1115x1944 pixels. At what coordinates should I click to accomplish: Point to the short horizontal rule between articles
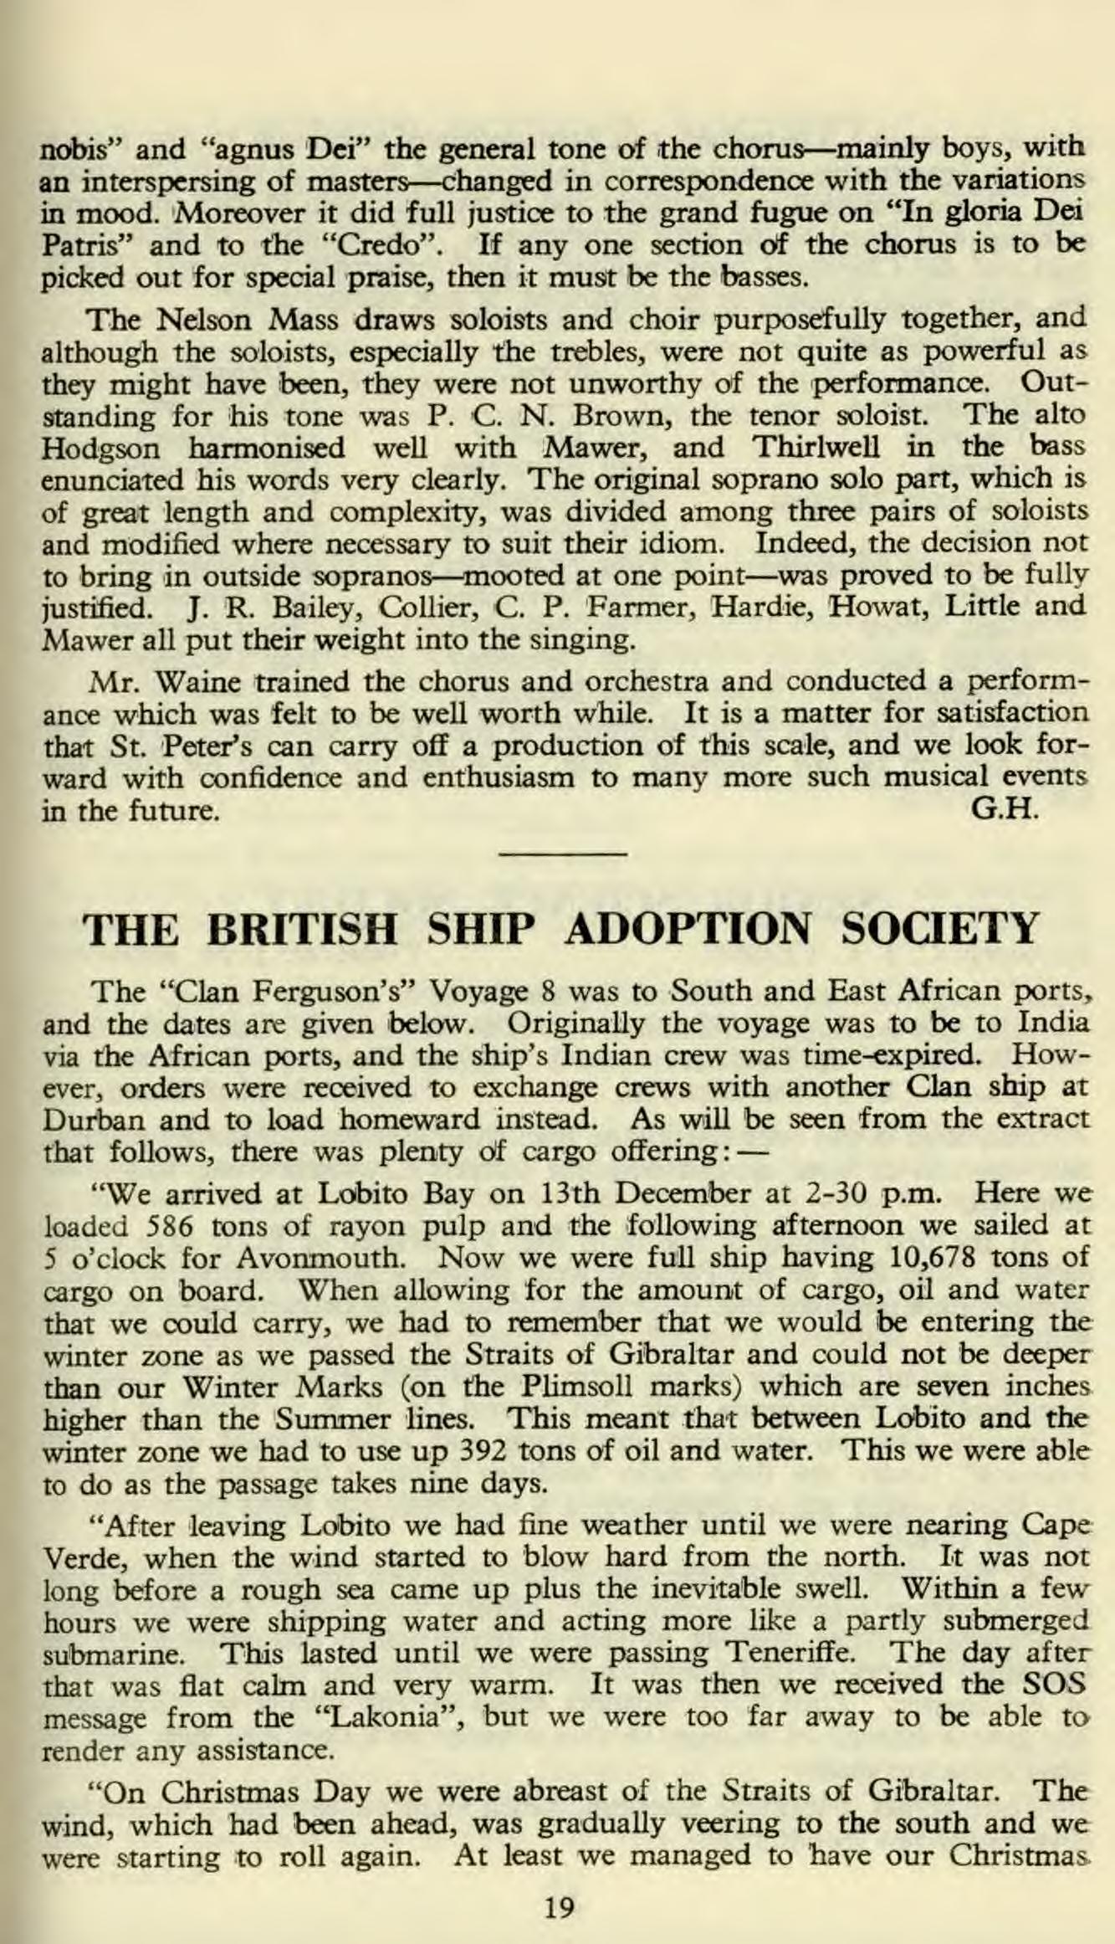(x=562, y=853)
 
